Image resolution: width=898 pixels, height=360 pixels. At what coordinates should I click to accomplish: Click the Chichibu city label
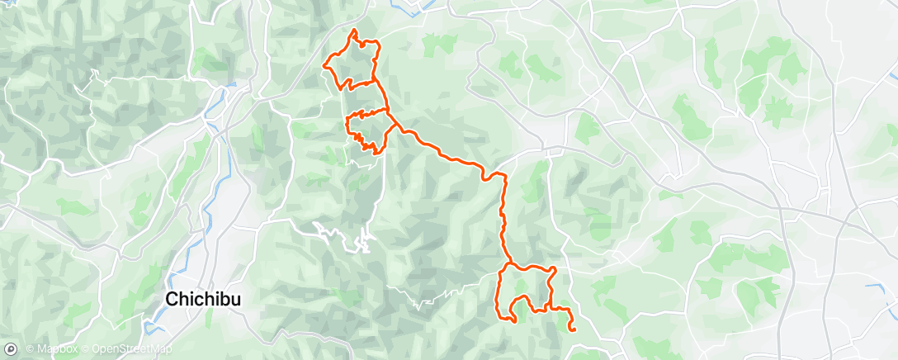pos(203,300)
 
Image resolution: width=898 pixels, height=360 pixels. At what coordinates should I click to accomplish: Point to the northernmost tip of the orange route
pos(355,30)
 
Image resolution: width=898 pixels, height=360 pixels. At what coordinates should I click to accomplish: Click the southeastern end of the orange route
pos(572,329)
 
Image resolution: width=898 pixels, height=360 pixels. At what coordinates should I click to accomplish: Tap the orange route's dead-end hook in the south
pos(513,320)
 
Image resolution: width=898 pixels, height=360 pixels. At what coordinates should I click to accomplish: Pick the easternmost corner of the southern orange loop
pos(555,270)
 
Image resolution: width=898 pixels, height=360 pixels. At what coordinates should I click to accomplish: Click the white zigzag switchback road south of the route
pos(361,242)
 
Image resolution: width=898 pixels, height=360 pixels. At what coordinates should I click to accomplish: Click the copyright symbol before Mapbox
pos(31,350)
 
